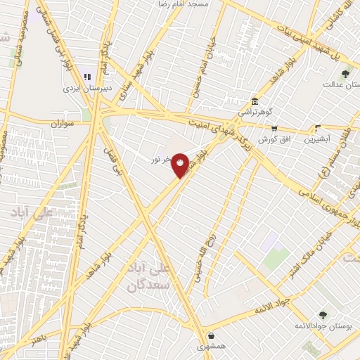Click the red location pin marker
(181, 165)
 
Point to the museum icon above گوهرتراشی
(255, 101)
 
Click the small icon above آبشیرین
(318, 128)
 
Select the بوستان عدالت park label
(341, 84)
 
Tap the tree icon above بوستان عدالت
(345, 73)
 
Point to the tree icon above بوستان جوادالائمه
(323, 315)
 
